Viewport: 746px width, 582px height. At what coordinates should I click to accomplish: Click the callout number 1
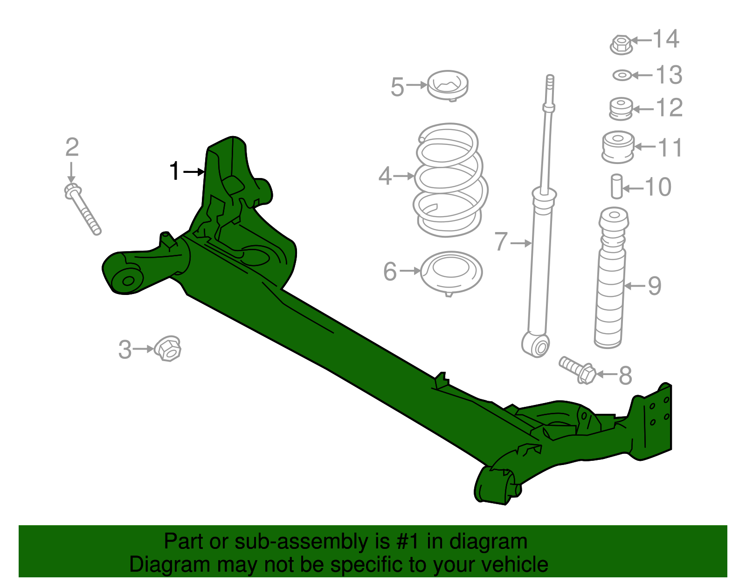pyautogui.click(x=175, y=171)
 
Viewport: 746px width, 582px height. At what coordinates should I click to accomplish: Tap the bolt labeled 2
pyautogui.click(x=83, y=209)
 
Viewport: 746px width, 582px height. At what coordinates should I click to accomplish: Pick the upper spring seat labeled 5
pyautogui.click(x=448, y=85)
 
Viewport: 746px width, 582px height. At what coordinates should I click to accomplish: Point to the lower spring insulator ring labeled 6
pyautogui.click(x=451, y=272)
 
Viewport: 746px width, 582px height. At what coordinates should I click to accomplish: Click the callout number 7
pyautogui.click(x=501, y=242)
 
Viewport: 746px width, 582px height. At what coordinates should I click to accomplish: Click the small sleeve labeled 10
pyautogui.click(x=616, y=187)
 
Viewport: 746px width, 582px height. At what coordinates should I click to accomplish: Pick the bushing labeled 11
pyautogui.click(x=618, y=147)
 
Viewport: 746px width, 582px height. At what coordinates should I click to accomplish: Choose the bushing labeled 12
pyautogui.click(x=621, y=109)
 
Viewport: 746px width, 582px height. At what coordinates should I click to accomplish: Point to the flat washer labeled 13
pyautogui.click(x=622, y=75)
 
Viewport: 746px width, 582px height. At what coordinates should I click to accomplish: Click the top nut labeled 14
pyautogui.click(x=621, y=44)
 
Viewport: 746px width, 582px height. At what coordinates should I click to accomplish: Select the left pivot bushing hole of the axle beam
pyautogui.click(x=129, y=281)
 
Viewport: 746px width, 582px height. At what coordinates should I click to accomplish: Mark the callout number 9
pyautogui.click(x=654, y=286)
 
